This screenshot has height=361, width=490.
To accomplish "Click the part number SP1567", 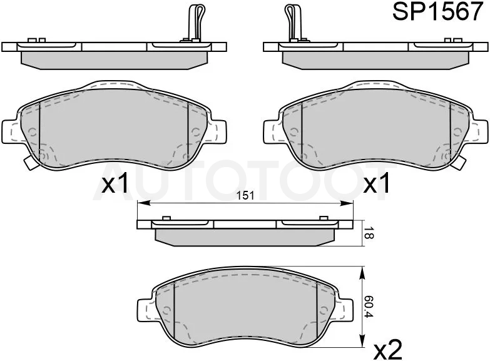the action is tap(437, 11).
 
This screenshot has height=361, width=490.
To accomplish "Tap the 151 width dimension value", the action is tap(245, 196).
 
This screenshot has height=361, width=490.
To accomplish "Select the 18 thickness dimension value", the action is tap(369, 234).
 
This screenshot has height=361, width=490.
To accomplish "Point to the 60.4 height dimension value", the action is tap(369, 307).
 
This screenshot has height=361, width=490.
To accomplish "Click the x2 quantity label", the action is tap(388, 349).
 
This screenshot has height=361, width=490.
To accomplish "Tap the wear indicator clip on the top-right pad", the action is tap(293, 23).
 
